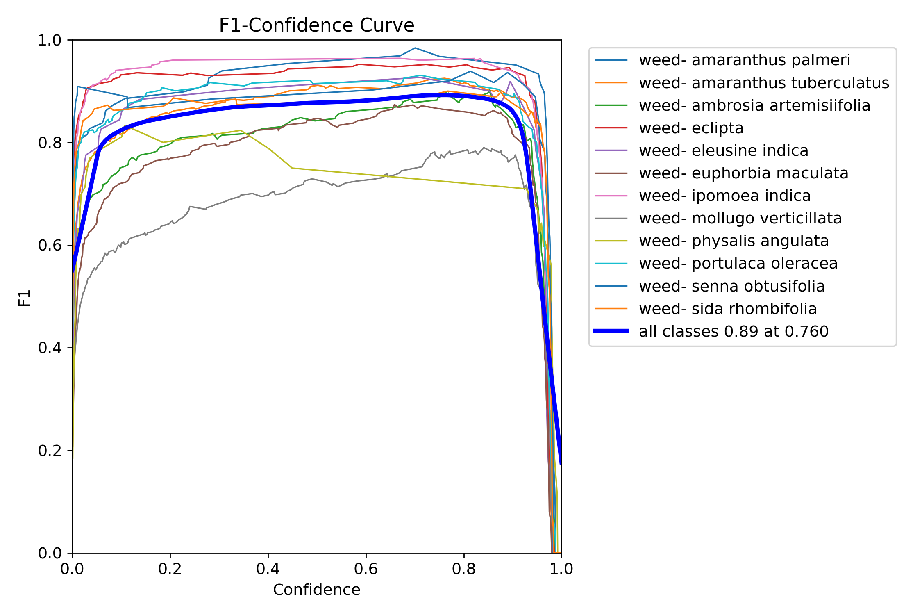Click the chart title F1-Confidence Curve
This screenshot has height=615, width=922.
tap(316, 25)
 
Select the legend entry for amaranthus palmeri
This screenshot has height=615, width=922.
tap(744, 60)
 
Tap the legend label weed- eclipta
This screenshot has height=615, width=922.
tap(691, 128)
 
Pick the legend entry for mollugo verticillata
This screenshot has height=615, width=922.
tap(740, 219)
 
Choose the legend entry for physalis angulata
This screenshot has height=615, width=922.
tap(734, 241)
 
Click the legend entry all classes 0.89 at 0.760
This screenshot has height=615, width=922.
tap(734, 331)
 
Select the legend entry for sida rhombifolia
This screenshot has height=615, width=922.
tap(728, 309)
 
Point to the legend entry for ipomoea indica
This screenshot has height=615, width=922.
tap(724, 196)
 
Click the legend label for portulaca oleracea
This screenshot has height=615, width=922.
tap(738, 264)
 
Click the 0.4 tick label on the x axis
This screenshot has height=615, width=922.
tap(268, 569)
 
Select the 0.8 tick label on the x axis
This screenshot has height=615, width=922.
tap(463, 569)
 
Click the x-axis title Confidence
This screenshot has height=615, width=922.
tap(316, 590)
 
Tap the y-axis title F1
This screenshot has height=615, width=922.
tap(25, 298)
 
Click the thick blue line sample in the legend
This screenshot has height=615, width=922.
tap(611, 331)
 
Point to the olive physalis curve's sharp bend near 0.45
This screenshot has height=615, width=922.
tap(292, 168)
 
